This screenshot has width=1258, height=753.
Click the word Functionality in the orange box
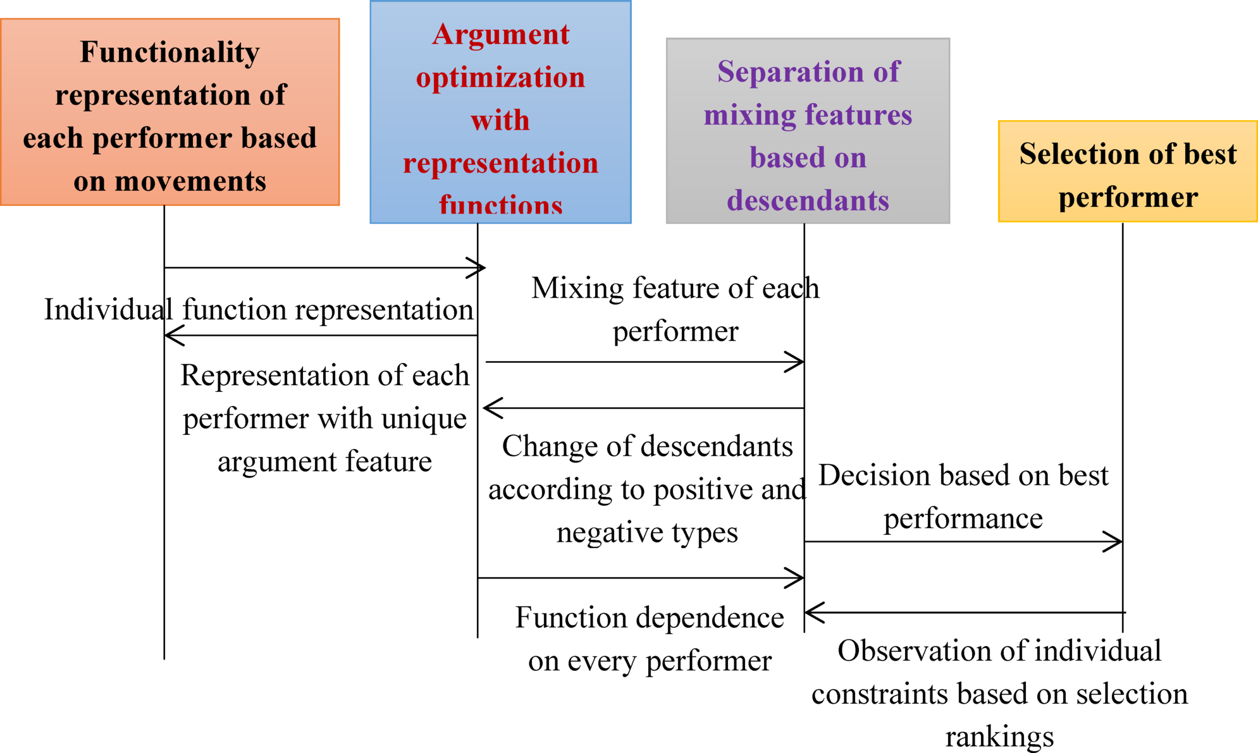click(170, 52)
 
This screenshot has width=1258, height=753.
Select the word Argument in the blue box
click(500, 35)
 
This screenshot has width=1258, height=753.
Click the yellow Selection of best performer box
click(1127, 172)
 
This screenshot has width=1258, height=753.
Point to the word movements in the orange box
click(189, 181)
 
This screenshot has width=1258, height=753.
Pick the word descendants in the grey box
click(808, 201)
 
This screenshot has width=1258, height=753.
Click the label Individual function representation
click(259, 310)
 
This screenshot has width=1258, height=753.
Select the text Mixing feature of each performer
click(675, 309)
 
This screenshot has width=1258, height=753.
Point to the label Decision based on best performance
click(963, 496)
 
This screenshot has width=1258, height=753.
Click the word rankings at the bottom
click(999, 737)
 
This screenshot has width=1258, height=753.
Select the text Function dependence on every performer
click(650, 639)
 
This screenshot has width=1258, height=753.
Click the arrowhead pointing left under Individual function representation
click(172, 335)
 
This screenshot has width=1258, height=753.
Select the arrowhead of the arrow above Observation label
click(812, 612)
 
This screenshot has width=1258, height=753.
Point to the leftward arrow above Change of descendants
click(642, 408)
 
